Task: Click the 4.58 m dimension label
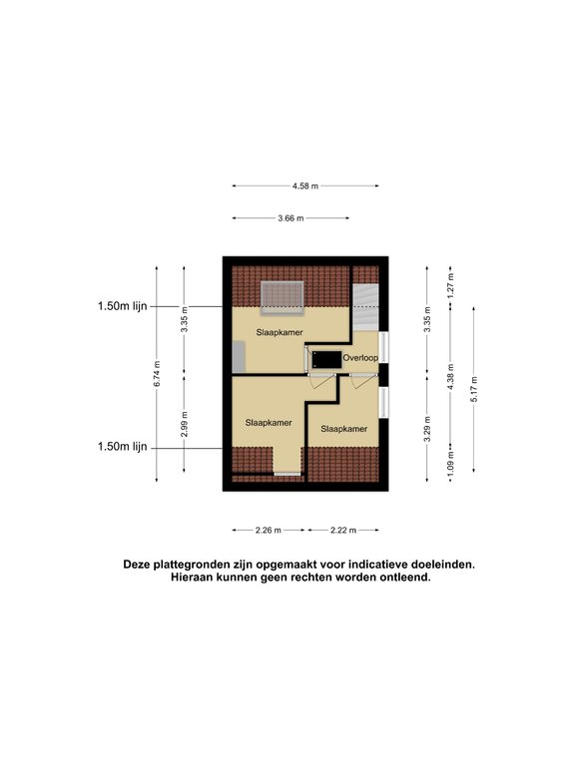305,186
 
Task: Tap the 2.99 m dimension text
185,425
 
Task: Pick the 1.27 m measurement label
451,288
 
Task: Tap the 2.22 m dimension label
341,530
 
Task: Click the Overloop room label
359,356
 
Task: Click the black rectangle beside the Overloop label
325,357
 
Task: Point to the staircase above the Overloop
364,304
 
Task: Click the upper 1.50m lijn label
123,306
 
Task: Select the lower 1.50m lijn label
123,447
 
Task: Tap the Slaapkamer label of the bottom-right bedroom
343,429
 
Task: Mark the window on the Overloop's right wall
383,351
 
